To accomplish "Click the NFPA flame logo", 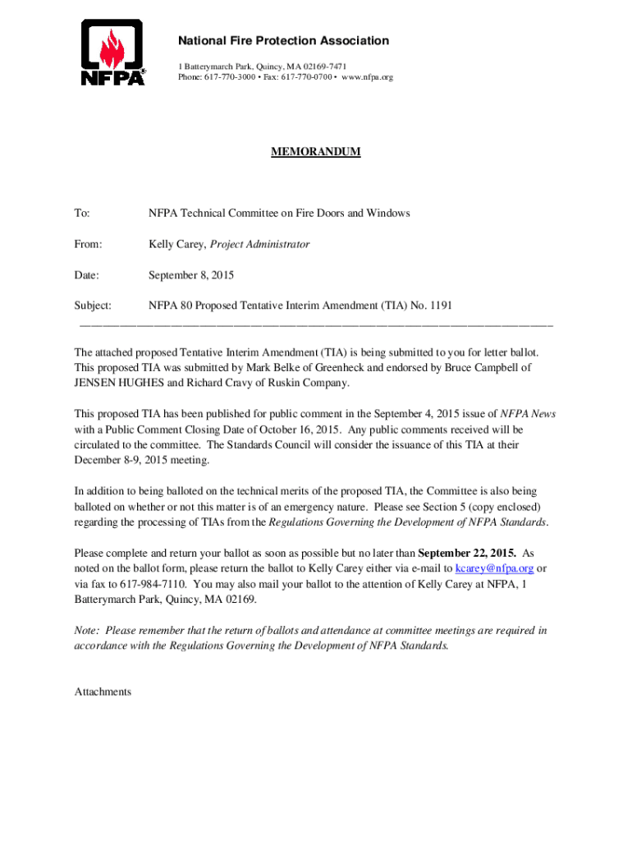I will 113,53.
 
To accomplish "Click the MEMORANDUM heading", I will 316,153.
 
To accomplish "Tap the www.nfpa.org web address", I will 367,77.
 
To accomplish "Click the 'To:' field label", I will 82,214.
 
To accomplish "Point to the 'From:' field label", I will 88,244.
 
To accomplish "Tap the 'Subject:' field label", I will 93,306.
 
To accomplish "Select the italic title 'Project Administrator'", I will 260,244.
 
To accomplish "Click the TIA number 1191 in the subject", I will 438,306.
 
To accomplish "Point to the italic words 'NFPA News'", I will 528,414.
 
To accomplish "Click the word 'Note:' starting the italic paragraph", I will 87,631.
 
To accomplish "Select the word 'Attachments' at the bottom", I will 103,692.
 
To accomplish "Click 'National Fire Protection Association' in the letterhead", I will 284,41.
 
